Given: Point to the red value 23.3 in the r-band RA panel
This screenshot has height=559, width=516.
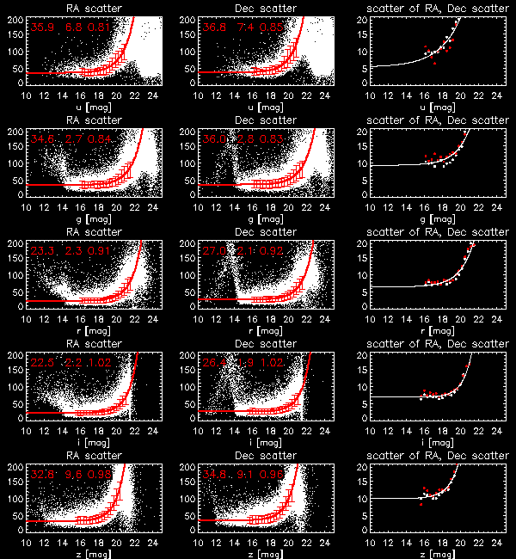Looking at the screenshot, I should (41, 251).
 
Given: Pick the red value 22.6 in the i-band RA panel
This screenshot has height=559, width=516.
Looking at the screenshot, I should (41, 363).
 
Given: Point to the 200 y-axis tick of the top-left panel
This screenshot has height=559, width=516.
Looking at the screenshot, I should (16, 18).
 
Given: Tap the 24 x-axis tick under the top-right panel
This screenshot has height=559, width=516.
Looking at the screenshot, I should (496, 93).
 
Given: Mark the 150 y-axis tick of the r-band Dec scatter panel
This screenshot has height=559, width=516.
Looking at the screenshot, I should (188, 257).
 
